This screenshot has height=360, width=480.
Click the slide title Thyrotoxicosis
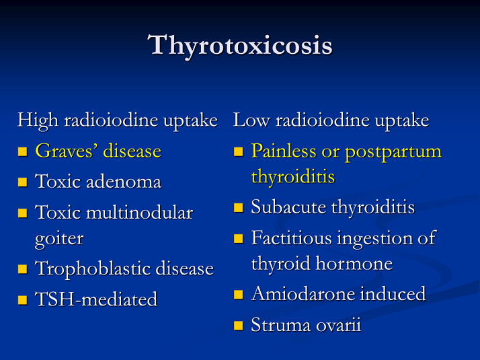pyautogui.click(x=240, y=46)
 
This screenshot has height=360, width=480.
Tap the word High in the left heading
pyautogui.click(x=38, y=120)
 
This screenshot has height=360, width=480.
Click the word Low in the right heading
pyautogui.click(x=251, y=120)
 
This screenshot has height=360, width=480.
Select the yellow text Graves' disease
pyautogui.click(x=98, y=151)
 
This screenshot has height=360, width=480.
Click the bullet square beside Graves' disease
pyautogui.click(x=23, y=151)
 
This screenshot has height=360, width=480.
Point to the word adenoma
pyautogui.click(x=124, y=182)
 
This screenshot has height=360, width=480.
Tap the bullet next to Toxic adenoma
pyautogui.click(x=23, y=182)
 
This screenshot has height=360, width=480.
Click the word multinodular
pyautogui.click(x=140, y=212)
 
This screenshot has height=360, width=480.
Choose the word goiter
pyautogui.click(x=59, y=239)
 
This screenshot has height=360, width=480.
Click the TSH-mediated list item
pyautogui.click(x=96, y=299)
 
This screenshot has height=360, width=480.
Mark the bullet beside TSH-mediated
pyautogui.click(x=23, y=299)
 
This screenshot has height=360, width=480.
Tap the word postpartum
pyautogui.click(x=393, y=152)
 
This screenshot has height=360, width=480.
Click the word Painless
pyautogui.click(x=284, y=151)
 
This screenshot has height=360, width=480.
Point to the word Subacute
pyautogui.click(x=288, y=207)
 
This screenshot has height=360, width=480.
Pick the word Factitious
pyautogui.click(x=292, y=238)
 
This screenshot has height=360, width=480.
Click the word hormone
pyautogui.click(x=354, y=264)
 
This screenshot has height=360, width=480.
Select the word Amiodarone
pyautogui.click(x=303, y=293)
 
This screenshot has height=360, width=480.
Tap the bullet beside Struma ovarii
pyautogui.click(x=239, y=325)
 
